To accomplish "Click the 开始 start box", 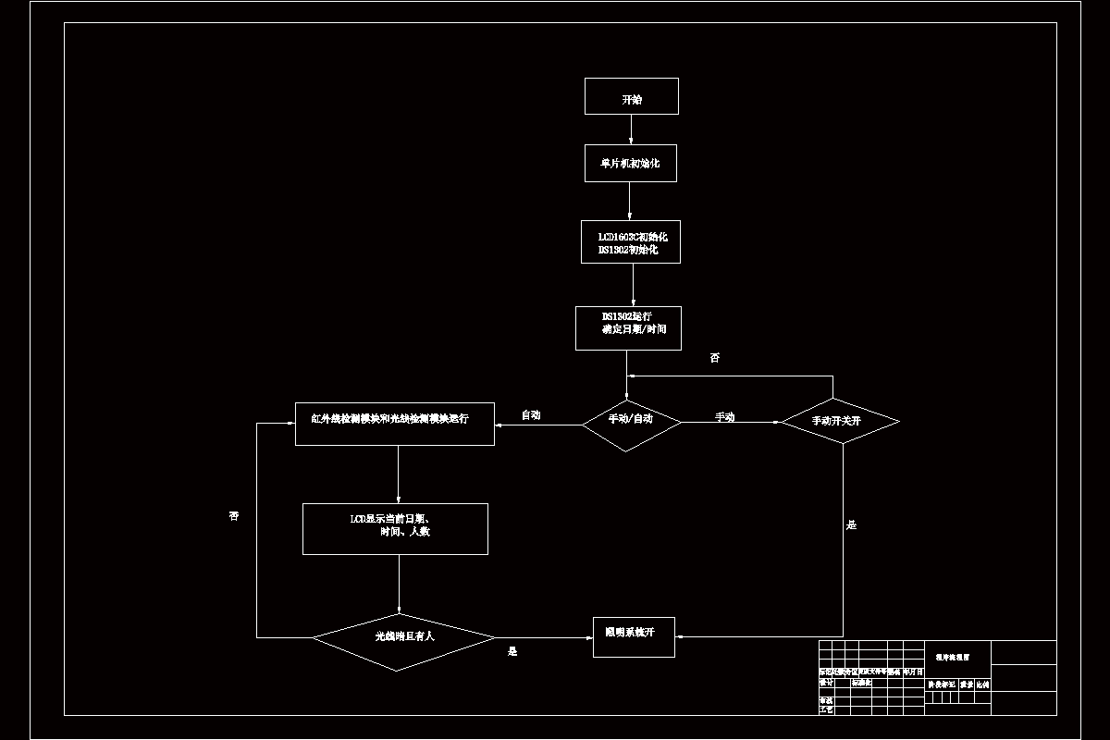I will (x=632, y=96).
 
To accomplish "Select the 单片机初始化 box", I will (x=631, y=164).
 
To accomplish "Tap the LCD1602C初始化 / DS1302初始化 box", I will (x=631, y=242).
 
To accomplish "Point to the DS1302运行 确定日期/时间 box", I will (x=628, y=328).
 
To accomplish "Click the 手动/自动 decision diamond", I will (x=631, y=421).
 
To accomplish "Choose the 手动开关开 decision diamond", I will (x=840, y=422).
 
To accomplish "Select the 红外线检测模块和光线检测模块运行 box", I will (x=395, y=424).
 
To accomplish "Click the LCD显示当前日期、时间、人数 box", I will (x=395, y=529).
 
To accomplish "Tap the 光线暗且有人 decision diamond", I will (x=403, y=637).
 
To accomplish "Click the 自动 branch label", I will (x=531, y=415).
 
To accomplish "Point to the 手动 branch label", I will (x=724, y=417).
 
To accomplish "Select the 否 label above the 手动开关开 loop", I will (x=714, y=358).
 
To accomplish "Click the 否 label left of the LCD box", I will (x=234, y=515).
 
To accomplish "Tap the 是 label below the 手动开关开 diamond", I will (x=852, y=524).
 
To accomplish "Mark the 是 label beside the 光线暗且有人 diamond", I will (x=512, y=651).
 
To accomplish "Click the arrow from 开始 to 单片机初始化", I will (x=631, y=129).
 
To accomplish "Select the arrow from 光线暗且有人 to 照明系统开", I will (x=544, y=637).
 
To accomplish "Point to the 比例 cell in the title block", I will (x=982, y=684).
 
